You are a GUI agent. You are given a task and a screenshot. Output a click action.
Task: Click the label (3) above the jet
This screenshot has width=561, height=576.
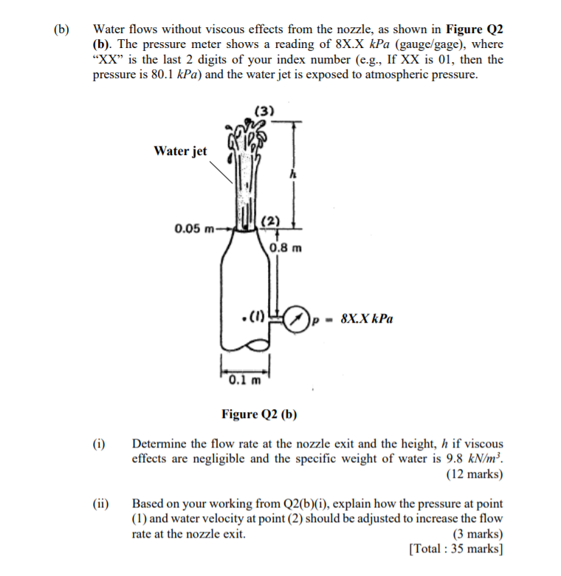[264, 112]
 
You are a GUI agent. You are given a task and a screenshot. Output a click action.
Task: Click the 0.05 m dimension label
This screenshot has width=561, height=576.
[193, 228]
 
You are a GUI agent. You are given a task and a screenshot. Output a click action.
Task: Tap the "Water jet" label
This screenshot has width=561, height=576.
[180, 151]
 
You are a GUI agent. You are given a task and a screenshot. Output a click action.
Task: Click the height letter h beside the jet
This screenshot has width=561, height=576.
[293, 175]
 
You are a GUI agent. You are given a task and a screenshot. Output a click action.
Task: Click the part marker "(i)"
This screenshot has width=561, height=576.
[99, 445]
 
